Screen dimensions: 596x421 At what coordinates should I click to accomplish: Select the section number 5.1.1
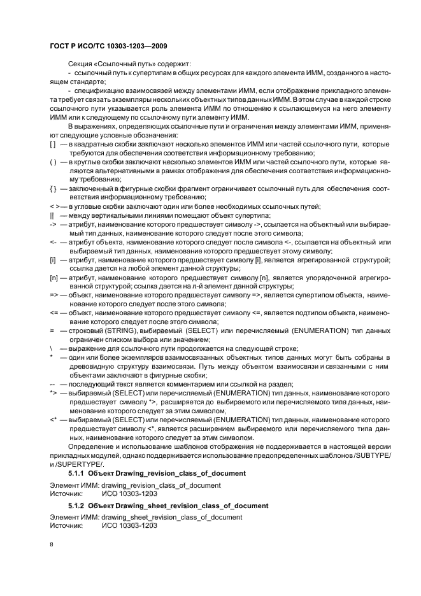point(76,474)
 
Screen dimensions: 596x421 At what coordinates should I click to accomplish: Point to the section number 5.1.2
point(76,506)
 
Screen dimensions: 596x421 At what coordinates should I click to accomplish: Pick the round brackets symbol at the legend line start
point(53,163)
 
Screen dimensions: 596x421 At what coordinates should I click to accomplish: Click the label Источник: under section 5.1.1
point(66,493)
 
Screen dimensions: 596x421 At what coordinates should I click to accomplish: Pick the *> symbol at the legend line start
point(54,393)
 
